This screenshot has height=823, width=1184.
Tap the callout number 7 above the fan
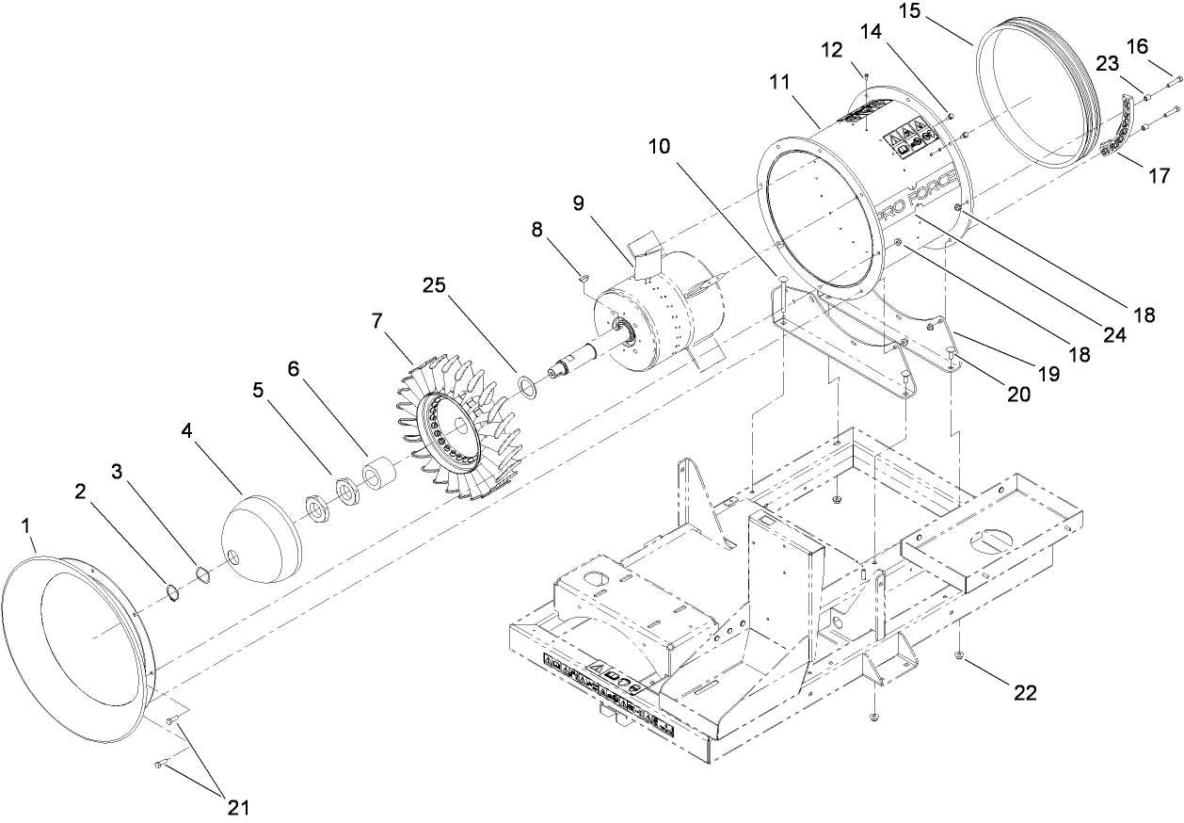click(x=376, y=321)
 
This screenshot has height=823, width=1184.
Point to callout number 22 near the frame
click(x=1024, y=693)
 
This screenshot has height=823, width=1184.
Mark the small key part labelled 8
click(x=582, y=277)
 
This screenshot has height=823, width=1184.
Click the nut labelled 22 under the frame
click(x=958, y=655)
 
